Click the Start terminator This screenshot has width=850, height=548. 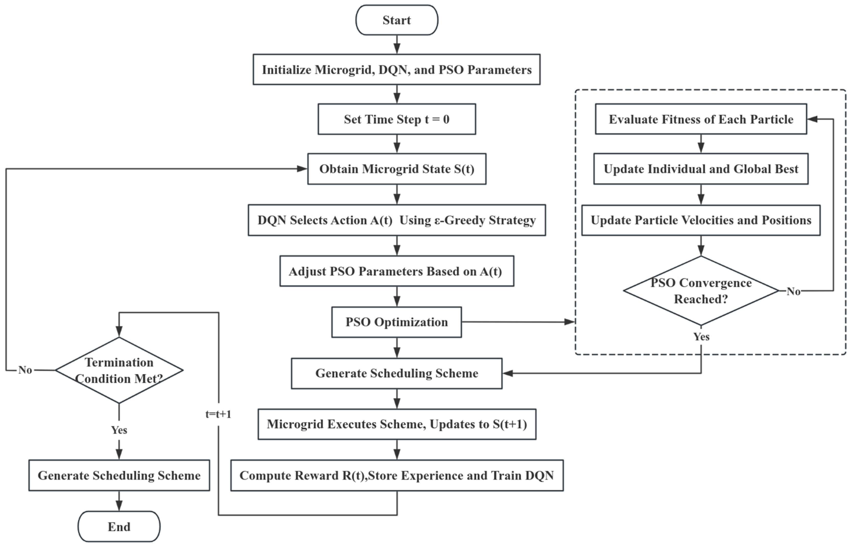[x=396, y=20]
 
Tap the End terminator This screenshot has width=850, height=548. [x=119, y=527]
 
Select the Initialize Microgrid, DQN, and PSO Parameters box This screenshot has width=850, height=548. [x=396, y=69]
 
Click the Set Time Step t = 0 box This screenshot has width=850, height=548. [x=396, y=119]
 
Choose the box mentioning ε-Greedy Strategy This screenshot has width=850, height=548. [x=396, y=220]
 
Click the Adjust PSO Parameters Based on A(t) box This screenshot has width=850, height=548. [x=396, y=271]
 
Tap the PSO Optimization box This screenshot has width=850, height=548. [x=396, y=322]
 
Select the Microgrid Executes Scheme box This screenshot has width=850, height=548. [x=396, y=424]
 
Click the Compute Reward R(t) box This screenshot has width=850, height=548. [x=396, y=475]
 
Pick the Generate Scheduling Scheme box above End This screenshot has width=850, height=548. [x=119, y=475]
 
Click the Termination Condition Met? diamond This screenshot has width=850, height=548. [x=119, y=370]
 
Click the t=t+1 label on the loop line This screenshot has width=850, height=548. [x=218, y=414]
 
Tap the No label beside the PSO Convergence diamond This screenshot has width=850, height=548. [x=793, y=292]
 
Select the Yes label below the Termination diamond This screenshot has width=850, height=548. [x=119, y=430]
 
